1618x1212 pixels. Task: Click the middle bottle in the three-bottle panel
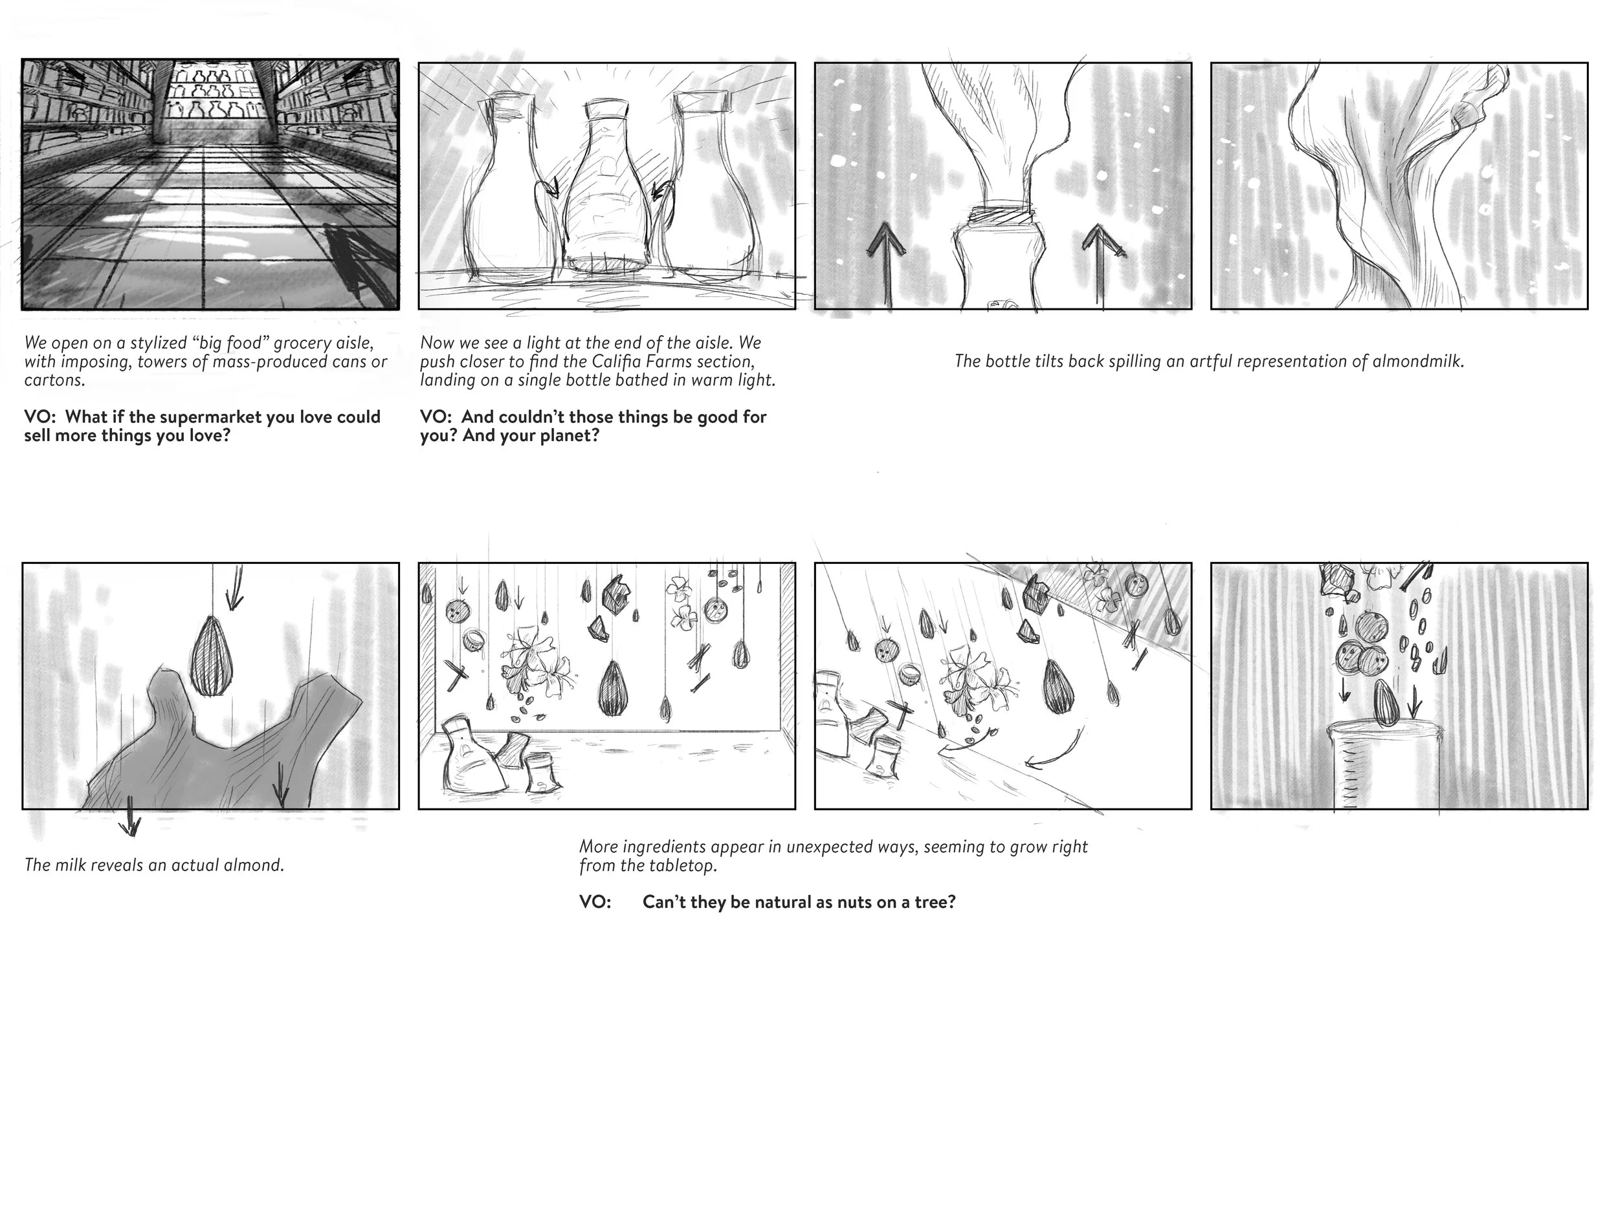(606, 190)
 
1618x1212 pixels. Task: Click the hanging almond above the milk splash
(212, 656)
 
